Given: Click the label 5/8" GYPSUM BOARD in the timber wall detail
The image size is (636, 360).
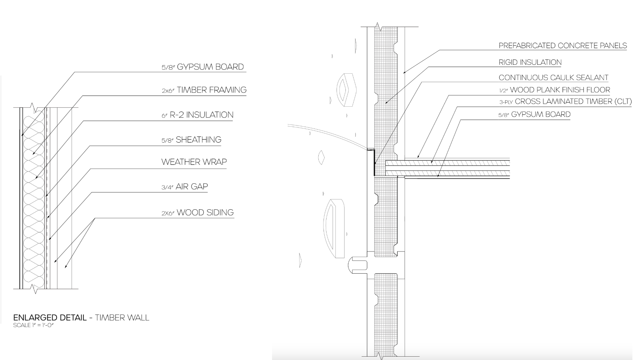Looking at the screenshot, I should coord(203,67).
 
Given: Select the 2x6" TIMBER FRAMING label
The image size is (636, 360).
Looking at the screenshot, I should coord(204,90).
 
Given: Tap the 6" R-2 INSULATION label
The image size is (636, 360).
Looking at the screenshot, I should coord(198,115).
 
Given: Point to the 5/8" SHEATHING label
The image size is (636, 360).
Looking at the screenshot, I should coord(191,140).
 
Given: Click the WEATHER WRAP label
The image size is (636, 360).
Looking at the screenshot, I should coord(194,162).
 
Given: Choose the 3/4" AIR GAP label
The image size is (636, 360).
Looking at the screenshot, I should coord(185,186).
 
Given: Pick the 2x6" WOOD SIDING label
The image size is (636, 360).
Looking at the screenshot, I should coord(198,213).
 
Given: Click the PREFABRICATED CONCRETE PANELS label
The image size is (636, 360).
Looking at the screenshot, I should coord(563,46).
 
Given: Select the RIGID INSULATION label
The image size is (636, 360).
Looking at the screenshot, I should coord(530,62).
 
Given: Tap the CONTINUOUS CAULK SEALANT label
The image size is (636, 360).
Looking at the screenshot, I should coord(553,77).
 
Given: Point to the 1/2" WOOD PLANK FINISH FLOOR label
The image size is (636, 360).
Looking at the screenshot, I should coord(554,90).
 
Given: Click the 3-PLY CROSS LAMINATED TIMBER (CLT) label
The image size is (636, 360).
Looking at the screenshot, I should coord(565,101).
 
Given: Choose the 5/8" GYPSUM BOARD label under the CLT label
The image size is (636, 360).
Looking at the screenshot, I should coord(534,114).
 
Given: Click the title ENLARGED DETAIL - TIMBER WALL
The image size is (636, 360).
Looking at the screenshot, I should coord(81,317).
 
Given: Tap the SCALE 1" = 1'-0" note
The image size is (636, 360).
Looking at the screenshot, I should coord(33,325).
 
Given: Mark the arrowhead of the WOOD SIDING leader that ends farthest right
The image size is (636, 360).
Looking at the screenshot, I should coord(66,267).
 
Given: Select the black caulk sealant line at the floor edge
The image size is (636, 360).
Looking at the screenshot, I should coord(373,163).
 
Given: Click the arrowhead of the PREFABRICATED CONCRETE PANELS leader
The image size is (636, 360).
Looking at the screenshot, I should coord(404,72).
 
